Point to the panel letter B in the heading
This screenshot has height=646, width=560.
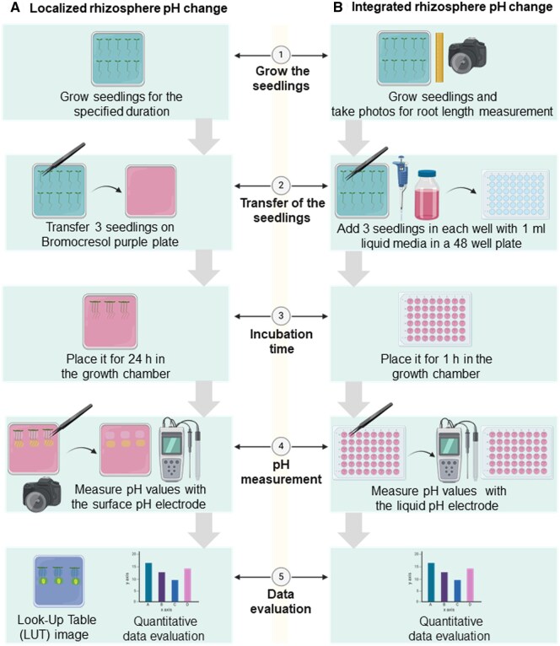click(x=337, y=10)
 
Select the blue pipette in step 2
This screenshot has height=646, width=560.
click(x=403, y=188)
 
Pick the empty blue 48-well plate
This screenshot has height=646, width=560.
click(x=514, y=195)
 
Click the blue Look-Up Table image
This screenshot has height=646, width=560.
click(x=58, y=581)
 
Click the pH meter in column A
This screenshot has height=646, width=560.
click(x=180, y=451)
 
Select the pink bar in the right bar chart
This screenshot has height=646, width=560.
click(x=470, y=583)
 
